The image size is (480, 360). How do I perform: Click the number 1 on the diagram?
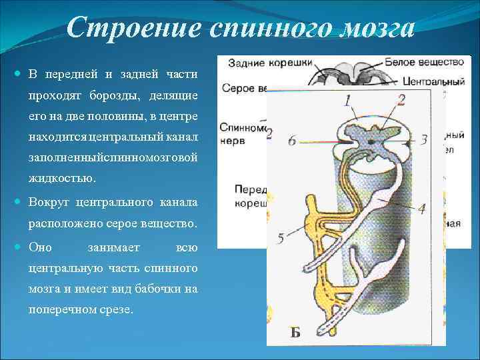[347, 100]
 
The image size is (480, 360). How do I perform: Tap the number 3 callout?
[424, 140]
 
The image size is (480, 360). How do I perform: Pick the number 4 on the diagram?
[422, 208]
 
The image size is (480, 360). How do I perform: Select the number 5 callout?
[281, 238]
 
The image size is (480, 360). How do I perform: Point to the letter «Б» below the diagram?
[295, 333]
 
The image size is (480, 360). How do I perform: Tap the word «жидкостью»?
[62, 179]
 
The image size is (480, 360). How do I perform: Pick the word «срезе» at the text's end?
[115, 310]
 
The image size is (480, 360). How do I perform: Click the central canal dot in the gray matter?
[371, 141]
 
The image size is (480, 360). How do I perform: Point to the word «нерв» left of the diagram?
[235, 141]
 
